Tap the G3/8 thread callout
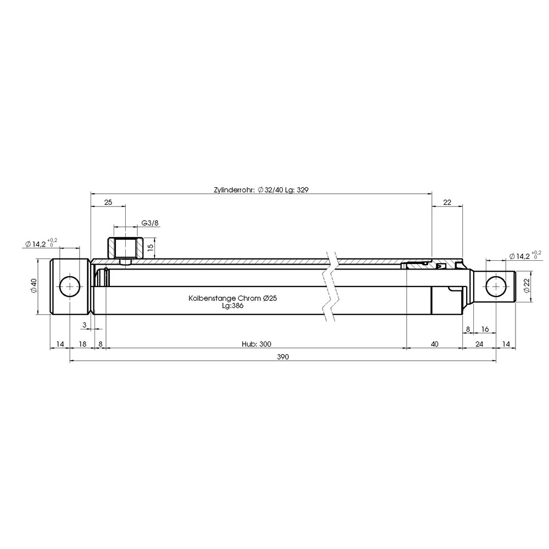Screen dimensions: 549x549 tap(150, 223)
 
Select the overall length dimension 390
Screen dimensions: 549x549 tap(283, 357)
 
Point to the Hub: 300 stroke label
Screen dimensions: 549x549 tap(256, 344)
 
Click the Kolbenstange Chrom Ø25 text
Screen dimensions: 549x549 tap(233, 298)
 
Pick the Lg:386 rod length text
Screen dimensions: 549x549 tap(232, 306)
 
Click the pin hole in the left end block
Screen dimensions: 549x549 tap(70, 287)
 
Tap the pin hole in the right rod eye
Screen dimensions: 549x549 tap(496, 287)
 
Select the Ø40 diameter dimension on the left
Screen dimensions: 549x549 tap(33, 285)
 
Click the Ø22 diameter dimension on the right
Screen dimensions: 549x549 tap(526, 285)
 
